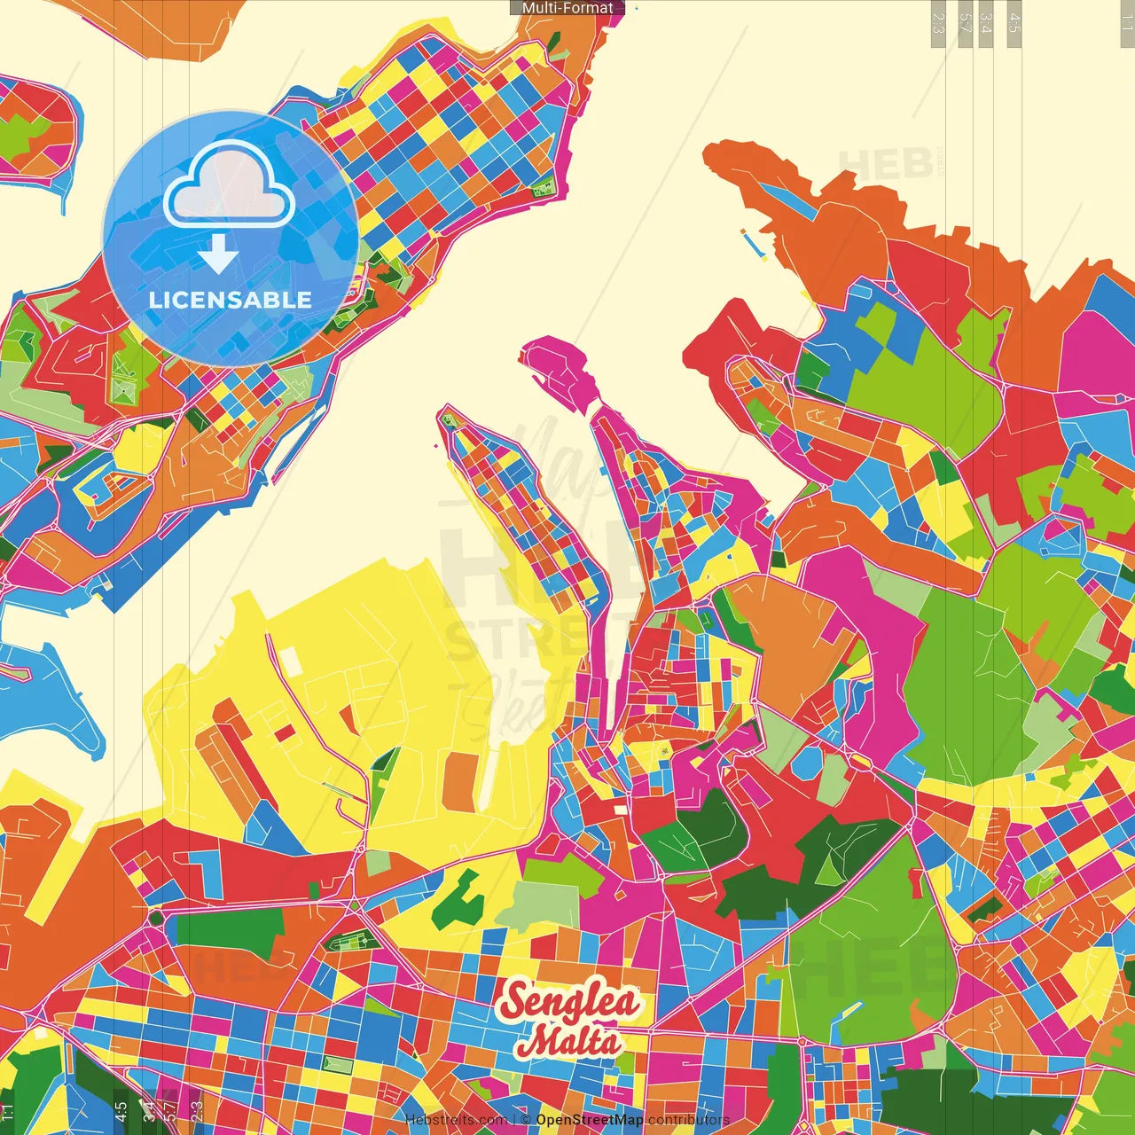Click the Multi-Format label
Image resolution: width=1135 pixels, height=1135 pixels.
[567, 8]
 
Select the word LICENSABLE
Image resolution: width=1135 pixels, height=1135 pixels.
[231, 300]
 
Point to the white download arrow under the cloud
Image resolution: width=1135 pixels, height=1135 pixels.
[218, 255]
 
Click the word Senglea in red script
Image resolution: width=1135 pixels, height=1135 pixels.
[569, 1002]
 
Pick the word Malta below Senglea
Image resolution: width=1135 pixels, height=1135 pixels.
[569, 1040]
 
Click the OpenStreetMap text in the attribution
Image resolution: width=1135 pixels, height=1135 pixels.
[589, 1120]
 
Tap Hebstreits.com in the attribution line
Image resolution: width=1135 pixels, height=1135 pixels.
[456, 1120]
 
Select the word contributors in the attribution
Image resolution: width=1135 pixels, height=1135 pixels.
[689, 1120]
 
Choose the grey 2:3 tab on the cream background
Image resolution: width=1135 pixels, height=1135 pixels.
[938, 23]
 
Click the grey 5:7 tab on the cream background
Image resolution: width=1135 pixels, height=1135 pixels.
[965, 23]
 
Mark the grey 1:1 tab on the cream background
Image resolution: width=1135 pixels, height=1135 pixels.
[1126, 23]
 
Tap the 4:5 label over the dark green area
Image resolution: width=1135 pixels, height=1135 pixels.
[121, 1109]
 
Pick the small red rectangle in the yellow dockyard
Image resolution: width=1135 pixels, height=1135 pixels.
[285, 732]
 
